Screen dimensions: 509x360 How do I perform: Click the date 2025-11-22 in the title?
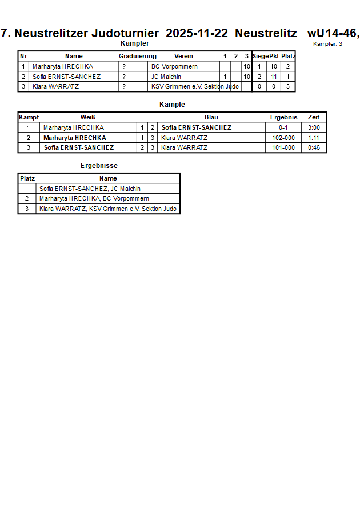click(197, 33)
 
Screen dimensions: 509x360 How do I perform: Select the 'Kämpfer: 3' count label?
click(327, 44)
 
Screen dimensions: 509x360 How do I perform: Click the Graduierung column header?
click(137, 56)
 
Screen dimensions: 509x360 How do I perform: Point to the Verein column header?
click(183, 56)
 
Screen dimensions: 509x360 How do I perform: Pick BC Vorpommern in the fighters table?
click(174, 66)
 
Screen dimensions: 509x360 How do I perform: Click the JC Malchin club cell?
click(166, 77)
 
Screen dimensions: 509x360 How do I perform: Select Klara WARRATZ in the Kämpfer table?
click(55, 87)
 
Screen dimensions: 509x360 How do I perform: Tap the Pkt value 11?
click(274, 77)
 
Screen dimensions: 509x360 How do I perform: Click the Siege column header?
click(260, 56)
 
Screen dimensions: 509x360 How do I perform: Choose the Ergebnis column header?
click(283, 117)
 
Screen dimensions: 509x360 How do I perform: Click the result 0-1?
click(283, 127)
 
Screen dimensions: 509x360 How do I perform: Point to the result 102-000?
click(283, 138)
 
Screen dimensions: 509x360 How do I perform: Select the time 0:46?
click(314, 147)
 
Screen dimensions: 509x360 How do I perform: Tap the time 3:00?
click(314, 127)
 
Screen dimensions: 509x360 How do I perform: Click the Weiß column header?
click(87, 117)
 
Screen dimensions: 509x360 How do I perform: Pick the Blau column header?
click(211, 117)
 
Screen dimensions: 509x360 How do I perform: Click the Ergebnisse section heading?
click(99, 166)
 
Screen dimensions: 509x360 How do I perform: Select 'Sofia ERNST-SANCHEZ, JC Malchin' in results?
click(90, 189)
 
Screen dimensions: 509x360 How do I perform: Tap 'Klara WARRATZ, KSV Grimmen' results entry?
click(107, 209)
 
